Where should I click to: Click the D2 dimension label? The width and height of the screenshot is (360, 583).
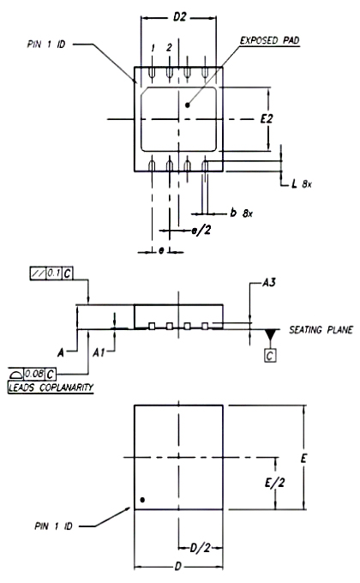180,17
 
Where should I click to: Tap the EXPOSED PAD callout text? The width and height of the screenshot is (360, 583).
270,40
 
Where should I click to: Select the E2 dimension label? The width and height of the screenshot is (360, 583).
267,119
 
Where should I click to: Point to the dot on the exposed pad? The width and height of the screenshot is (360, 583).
188,105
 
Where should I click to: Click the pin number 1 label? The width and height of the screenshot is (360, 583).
153,48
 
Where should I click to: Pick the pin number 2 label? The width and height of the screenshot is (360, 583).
169,47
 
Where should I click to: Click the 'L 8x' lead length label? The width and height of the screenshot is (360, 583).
302,183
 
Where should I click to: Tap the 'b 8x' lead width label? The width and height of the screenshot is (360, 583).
242,213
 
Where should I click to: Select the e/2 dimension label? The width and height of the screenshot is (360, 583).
201,231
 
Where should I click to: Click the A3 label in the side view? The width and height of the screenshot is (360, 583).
269,283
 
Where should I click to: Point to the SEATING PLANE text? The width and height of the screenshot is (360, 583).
321,330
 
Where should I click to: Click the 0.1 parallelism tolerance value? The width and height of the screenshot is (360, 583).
54,273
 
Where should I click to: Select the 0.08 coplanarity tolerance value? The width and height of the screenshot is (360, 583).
34,373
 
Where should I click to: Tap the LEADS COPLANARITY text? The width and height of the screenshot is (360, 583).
51,388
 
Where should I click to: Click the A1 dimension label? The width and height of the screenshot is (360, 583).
99,352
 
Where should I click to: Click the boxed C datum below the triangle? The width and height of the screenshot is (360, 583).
270,356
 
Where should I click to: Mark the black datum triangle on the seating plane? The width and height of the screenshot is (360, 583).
270,334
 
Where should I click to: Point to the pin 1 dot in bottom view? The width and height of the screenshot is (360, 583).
142,500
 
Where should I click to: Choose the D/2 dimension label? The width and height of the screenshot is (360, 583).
200,548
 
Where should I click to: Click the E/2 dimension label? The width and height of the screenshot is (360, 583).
275,483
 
